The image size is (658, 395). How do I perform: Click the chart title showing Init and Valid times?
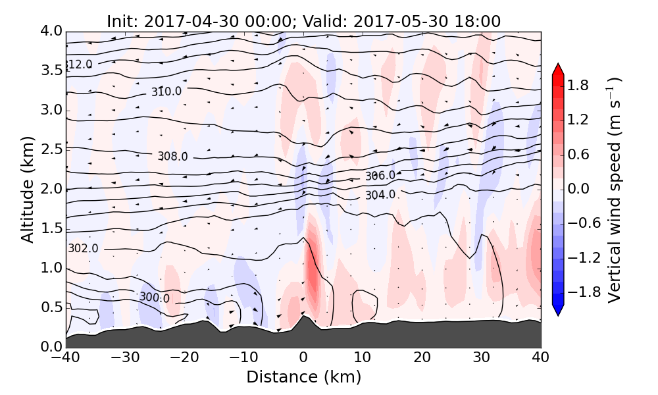coord(303,21)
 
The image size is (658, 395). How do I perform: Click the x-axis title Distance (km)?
coord(303,377)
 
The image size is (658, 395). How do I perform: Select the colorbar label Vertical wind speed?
coord(613,190)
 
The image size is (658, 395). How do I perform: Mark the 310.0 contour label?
coord(166,92)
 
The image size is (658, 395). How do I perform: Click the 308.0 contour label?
coord(172,156)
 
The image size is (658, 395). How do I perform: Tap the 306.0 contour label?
coord(380,176)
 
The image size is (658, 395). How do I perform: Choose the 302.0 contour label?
coord(84,248)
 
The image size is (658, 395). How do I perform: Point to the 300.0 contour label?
coord(154,298)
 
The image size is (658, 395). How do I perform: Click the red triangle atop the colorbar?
coord(558,68)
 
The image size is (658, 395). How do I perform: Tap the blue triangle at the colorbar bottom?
coord(558,311)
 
